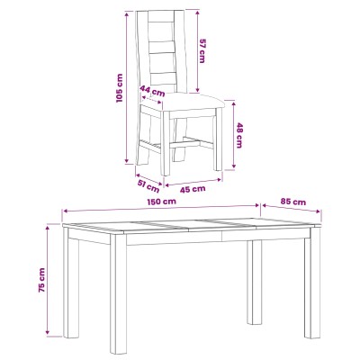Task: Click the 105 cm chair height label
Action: coord(120,88)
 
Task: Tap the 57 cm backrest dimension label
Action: coord(202,50)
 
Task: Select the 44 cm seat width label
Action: coord(152,92)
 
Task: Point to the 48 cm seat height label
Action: coord(239,135)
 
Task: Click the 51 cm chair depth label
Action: coord(148,186)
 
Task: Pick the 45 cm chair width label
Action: coord(193,189)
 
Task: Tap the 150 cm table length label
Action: coord(161,202)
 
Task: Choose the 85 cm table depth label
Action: coord(293,202)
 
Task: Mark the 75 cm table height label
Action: coord(41,280)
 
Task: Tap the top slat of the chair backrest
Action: coord(161,17)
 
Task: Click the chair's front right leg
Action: coord(218,139)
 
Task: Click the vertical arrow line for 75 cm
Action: coord(47,280)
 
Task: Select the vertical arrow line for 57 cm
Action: coord(197,51)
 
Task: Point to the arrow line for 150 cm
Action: coord(161,208)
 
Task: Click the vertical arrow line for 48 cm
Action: coord(234,135)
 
